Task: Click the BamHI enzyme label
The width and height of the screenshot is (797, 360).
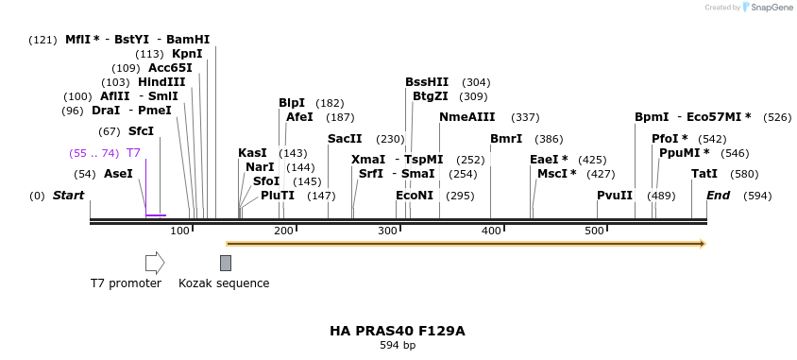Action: (x=188, y=40)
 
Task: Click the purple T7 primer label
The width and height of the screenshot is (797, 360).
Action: (x=133, y=153)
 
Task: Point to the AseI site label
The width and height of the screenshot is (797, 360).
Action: (x=118, y=174)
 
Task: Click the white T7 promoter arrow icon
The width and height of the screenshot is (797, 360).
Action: (x=155, y=263)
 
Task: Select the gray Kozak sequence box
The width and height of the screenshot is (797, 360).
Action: (x=226, y=263)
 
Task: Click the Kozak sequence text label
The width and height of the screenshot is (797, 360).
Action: (x=224, y=283)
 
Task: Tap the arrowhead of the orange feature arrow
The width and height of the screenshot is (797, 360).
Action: (x=701, y=244)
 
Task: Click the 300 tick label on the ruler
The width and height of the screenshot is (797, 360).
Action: (x=387, y=231)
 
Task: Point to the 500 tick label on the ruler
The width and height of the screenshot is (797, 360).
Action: (x=594, y=231)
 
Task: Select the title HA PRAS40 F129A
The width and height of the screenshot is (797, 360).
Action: (x=398, y=332)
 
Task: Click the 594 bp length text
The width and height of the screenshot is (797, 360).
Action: (x=398, y=346)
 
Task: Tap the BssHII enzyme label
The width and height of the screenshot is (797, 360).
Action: (x=427, y=82)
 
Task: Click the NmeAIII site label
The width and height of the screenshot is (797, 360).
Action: (x=466, y=117)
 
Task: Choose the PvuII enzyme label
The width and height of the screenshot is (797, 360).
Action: (x=615, y=196)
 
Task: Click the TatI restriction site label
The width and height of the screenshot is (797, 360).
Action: (x=704, y=174)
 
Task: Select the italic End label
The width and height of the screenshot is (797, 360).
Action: (x=718, y=196)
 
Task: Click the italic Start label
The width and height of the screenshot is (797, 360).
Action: (x=68, y=196)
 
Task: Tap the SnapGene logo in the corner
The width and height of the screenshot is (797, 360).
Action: (x=767, y=8)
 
